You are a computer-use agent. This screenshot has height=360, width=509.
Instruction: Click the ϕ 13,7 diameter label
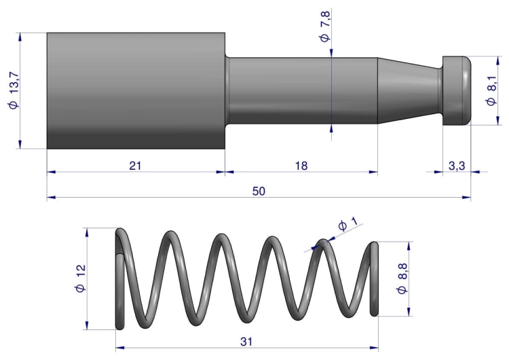tap(14, 90)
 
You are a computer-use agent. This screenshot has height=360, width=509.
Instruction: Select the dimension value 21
tap(135, 166)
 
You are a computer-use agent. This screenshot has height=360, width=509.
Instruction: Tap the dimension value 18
tap(301, 166)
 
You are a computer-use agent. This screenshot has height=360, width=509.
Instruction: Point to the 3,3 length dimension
tap(457, 166)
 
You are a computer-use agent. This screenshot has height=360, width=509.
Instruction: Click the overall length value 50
tap(259, 191)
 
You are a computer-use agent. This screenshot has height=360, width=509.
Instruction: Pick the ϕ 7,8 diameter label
tap(324, 26)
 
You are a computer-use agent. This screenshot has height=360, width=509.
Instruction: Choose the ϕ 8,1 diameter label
tap(491, 90)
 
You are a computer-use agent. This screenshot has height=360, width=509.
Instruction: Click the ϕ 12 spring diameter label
tap(80, 278)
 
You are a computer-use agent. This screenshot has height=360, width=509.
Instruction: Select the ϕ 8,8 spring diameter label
tap(402, 278)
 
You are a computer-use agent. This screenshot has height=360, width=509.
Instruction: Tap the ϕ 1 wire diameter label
tap(347, 224)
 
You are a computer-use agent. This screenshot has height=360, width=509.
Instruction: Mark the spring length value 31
tap(246, 342)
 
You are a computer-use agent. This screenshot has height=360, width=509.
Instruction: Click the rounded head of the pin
tap(457, 90)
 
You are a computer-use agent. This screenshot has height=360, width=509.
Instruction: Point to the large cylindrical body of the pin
tap(136, 90)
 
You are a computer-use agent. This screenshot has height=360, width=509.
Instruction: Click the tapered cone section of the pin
tap(409, 90)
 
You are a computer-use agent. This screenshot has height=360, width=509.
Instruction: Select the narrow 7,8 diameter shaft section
tap(301, 90)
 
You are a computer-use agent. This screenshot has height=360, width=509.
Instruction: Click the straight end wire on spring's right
tap(374, 278)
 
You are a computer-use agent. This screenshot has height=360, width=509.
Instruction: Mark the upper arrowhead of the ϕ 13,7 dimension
tap(20, 37)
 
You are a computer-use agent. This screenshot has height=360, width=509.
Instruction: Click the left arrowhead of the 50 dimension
tap(51, 197)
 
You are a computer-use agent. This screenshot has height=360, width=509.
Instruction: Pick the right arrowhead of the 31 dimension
tap(374, 348)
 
